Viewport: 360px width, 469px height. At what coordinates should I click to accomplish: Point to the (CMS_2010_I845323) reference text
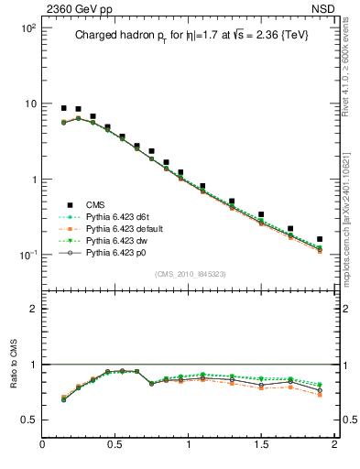click(190, 274)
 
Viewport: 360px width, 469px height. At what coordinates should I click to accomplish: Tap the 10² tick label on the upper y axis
click(27, 28)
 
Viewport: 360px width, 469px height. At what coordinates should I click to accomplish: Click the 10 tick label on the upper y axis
click(30, 104)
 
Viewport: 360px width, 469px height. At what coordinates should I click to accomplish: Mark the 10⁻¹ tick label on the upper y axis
click(27, 255)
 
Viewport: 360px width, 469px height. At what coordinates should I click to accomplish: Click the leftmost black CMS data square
click(63, 108)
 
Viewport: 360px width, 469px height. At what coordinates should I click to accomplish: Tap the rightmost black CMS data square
click(320, 239)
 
